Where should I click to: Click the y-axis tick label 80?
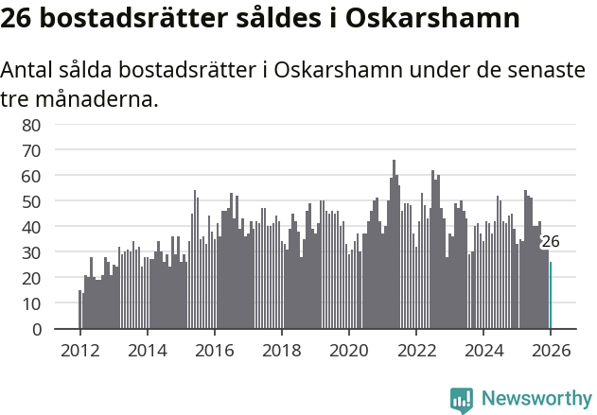pos(30,125)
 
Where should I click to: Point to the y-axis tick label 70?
pos(30,150)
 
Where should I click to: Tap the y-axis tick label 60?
pos(30,176)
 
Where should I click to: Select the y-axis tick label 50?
pos(30,201)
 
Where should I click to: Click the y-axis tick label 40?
pos(30,227)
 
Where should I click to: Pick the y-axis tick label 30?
pos(30,252)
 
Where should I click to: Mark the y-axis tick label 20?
pos(30,278)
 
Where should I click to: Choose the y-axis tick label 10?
pos(30,303)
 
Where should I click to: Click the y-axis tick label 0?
pos(36,329)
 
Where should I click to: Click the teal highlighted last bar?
pos(551,296)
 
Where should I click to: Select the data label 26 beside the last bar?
pos(550,242)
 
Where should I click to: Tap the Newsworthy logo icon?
pos(462,400)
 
